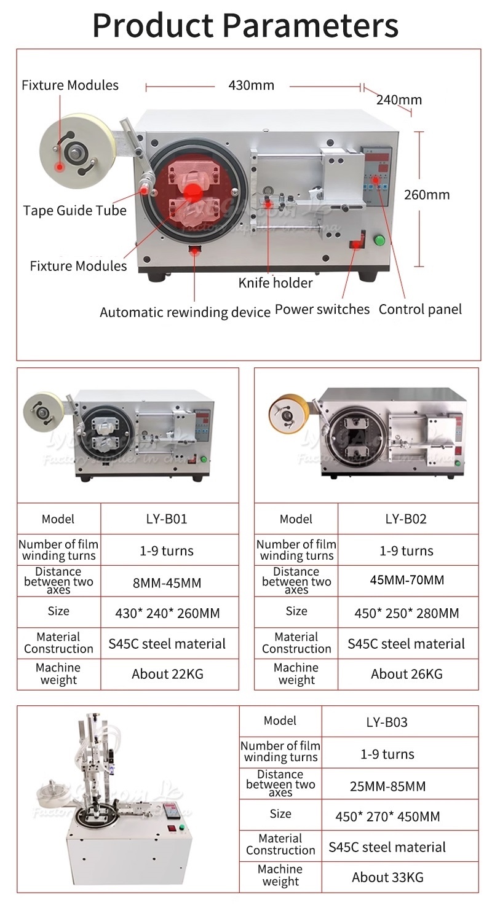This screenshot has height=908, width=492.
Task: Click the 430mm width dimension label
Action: (x=251, y=85)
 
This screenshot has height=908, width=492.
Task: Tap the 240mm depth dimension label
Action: (x=399, y=100)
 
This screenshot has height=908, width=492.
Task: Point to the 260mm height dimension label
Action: (x=427, y=195)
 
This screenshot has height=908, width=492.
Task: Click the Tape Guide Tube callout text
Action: (x=75, y=211)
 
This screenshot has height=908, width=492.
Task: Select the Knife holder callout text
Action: (x=276, y=283)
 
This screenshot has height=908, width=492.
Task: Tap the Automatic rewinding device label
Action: (x=185, y=312)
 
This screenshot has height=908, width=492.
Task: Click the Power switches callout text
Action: (x=322, y=309)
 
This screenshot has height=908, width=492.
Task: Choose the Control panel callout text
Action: (x=420, y=309)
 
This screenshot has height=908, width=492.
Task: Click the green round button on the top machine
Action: (x=379, y=240)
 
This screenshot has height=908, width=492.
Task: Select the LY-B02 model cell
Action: (x=406, y=519)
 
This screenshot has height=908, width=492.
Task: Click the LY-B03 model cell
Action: (x=387, y=722)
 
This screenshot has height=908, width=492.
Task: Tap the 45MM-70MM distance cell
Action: (x=406, y=580)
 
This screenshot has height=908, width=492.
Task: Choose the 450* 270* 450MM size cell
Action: (x=387, y=816)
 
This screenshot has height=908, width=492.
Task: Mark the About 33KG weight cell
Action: (x=387, y=877)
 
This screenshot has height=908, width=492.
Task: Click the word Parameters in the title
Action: (x=310, y=26)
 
